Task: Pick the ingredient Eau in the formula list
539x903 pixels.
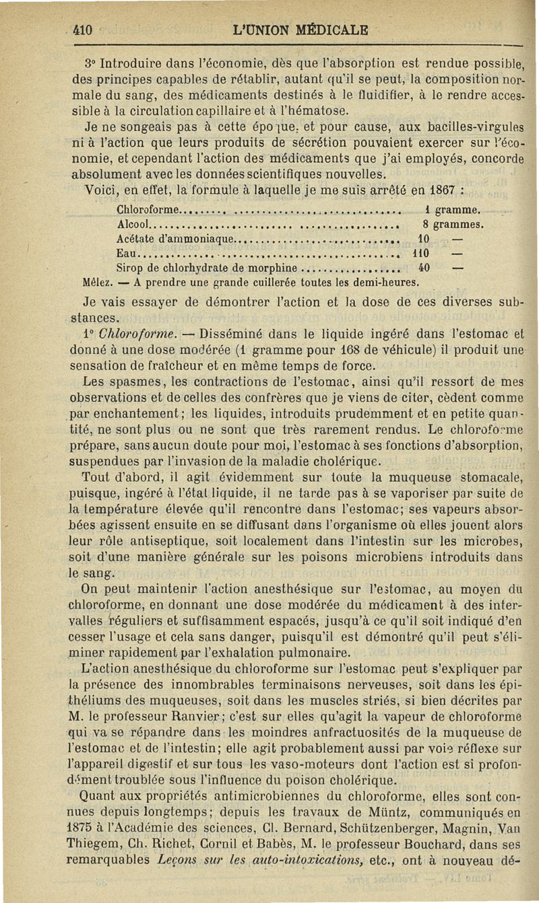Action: pos(126,254)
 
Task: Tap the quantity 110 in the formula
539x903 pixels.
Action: pos(421,254)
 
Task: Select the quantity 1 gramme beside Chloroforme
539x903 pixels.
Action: pos(453,209)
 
